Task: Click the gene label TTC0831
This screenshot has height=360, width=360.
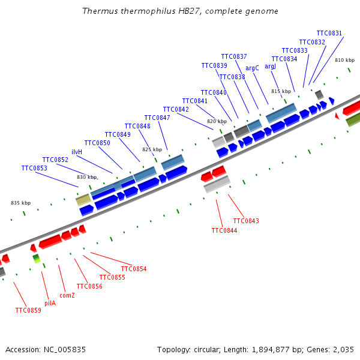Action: pos(329,34)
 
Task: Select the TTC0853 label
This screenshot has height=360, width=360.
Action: pos(34,169)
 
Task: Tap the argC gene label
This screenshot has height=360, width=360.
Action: pos(252,68)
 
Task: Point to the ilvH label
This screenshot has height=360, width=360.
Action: pos(77,152)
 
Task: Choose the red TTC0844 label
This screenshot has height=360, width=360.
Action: pos(224,231)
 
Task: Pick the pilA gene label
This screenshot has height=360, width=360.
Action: pos(50,304)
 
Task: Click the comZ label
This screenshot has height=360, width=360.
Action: pos(67,296)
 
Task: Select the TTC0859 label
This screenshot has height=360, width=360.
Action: pos(28,311)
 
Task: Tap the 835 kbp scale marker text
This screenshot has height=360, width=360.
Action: pos(20,203)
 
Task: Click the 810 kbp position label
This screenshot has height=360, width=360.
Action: pos(344,61)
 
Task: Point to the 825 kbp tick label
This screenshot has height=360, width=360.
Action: pos(152,149)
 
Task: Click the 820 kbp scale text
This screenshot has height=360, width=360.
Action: pos(217,122)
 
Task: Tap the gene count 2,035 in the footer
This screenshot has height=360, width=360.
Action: pos(343,349)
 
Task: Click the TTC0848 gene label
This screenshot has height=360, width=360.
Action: pos(137,127)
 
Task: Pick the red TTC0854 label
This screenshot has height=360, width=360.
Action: pos(134,269)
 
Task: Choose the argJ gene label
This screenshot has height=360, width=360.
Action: pos(271,67)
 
